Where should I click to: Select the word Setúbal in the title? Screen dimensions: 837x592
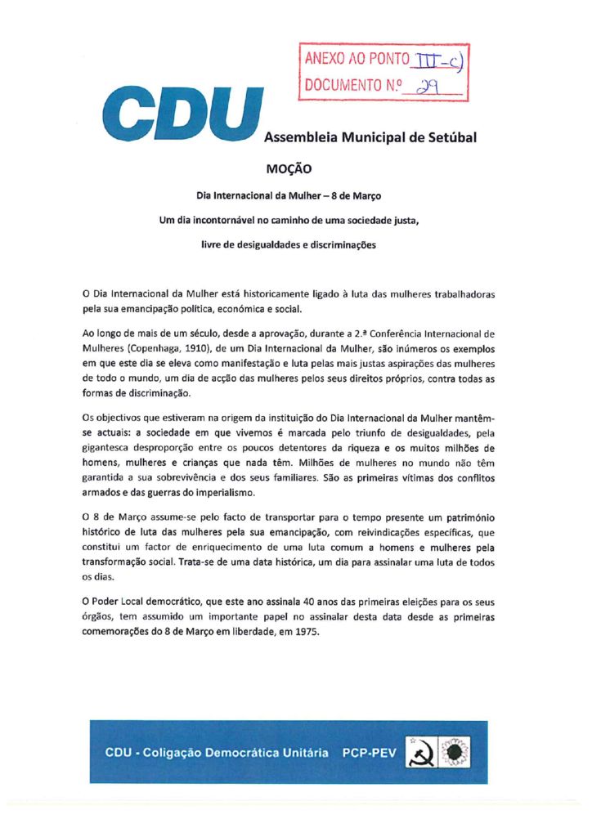point(447,137)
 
